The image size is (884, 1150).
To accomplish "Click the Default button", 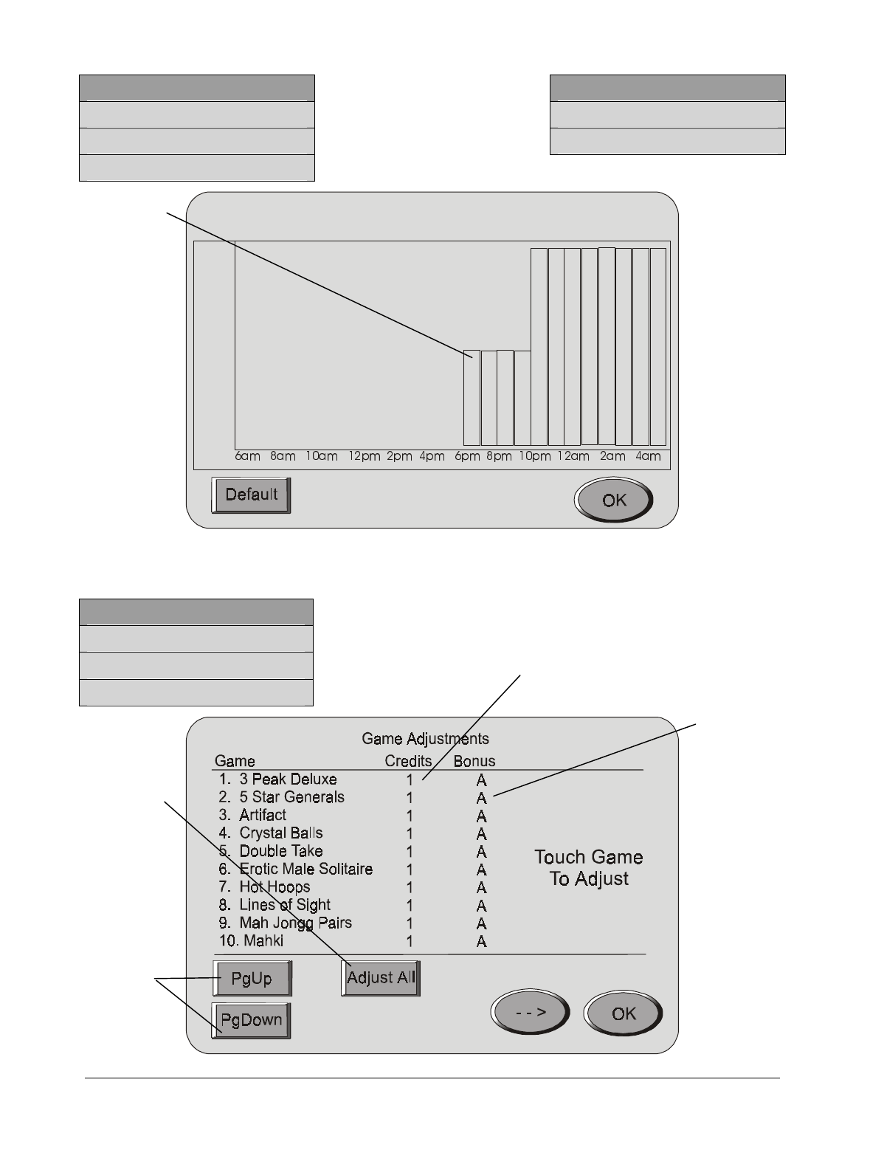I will coord(251,495).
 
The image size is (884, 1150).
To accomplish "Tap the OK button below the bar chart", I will coord(613,500).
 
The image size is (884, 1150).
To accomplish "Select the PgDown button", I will coord(251,1020).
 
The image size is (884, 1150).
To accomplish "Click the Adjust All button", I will coord(381,978).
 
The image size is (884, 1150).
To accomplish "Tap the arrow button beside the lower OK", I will coord(530,1013).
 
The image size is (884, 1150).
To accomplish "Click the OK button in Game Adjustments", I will coord(623,1013).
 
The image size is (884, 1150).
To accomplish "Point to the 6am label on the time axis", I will coord(248,456).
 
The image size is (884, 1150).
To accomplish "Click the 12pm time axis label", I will coord(365,456).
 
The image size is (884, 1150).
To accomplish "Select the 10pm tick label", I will coord(534,456).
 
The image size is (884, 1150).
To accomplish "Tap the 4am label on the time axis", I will coord(649,456).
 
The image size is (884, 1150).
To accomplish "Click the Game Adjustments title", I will coord(425,739).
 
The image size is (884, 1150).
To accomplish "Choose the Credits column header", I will coord(408,761).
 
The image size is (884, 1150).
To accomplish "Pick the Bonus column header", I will coord(474,761).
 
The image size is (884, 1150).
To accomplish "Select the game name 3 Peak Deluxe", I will coord(288,779).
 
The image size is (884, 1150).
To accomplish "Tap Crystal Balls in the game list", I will coord(281,833).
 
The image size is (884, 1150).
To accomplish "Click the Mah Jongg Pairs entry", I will coord(295,923).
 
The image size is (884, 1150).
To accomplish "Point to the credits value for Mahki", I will coord(410,942).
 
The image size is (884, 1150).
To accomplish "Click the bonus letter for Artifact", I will coord(481,816).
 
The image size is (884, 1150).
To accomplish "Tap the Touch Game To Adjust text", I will coord(589,868).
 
